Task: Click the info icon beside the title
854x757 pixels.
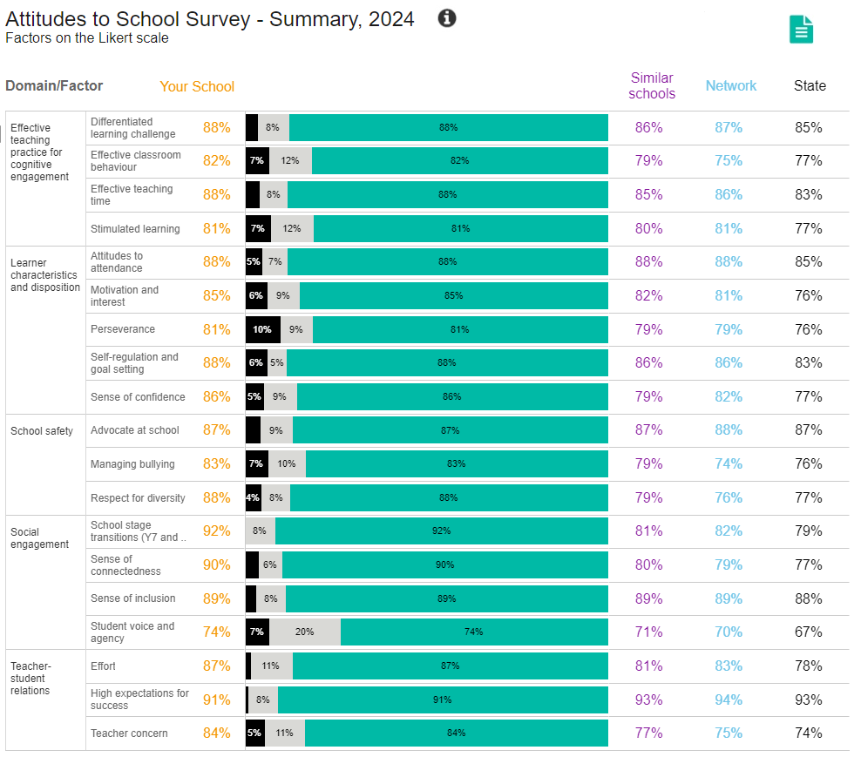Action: point(447,18)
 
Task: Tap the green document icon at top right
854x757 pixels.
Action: point(801,29)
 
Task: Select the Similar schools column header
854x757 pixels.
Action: point(651,85)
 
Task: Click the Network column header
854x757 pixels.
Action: point(730,85)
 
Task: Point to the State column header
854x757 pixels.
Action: point(809,85)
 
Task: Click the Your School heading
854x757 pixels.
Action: point(197,86)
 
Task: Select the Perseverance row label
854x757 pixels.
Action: point(123,329)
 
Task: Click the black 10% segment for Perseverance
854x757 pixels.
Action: point(262,329)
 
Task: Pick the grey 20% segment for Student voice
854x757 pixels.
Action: point(304,632)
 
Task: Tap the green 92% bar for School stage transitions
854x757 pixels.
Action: point(441,531)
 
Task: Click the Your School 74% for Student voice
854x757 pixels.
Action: point(216,632)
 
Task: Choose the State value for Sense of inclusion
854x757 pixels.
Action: point(808,598)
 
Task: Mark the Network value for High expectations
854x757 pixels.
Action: point(729,700)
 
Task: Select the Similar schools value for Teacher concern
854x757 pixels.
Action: point(648,733)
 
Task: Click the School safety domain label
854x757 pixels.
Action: point(41,430)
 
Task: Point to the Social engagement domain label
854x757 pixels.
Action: point(39,538)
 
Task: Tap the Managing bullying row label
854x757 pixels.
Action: point(132,464)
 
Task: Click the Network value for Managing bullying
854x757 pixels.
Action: point(729,463)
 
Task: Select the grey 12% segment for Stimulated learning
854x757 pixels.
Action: point(292,228)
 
